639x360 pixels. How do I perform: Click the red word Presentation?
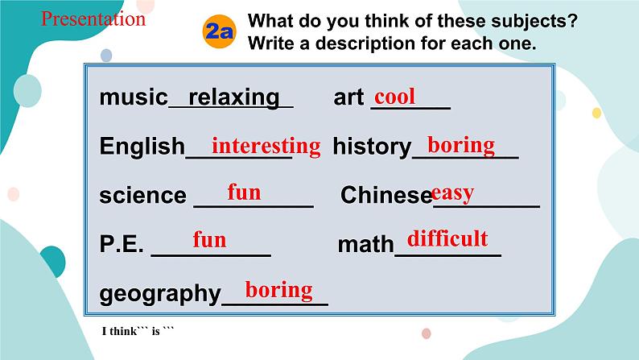[x=93, y=19]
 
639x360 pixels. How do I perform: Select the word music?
[x=133, y=97]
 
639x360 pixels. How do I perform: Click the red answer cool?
[x=395, y=97]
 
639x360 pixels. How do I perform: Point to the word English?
[x=142, y=147]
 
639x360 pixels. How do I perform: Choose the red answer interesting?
[x=266, y=146]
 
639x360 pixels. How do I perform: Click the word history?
[x=372, y=147]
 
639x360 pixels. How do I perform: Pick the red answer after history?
[x=461, y=145]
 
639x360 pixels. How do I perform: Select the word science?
[x=142, y=195]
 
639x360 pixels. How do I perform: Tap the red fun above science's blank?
[x=244, y=192]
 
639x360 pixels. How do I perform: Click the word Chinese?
[x=386, y=195]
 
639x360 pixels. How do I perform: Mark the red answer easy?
[x=452, y=192]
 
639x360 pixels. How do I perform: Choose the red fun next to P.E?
[x=209, y=240]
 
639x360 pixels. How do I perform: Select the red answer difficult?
[x=447, y=238]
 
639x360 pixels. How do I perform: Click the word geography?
[x=159, y=294]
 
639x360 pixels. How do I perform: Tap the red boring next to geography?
[x=278, y=289]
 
